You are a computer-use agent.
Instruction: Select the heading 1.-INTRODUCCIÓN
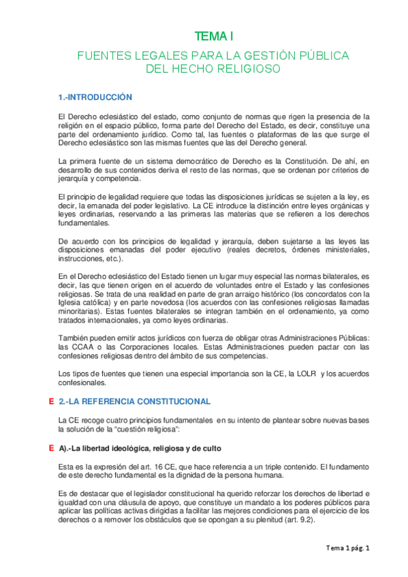point(95,97)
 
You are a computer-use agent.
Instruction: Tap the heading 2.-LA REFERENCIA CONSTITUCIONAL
point(134,401)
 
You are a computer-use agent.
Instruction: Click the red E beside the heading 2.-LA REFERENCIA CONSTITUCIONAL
point(52,401)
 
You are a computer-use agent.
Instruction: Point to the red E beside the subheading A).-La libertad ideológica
point(52,448)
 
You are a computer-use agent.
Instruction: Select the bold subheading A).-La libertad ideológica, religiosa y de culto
point(140,449)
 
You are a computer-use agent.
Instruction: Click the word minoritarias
point(81,312)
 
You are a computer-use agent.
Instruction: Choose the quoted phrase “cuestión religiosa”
point(144,431)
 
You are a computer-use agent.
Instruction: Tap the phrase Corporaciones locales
point(137,347)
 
